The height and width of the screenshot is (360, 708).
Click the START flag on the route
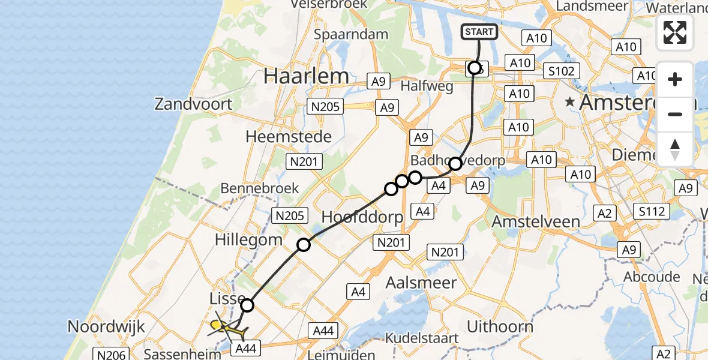[x=479, y=32]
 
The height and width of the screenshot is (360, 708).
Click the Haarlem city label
[x=306, y=76]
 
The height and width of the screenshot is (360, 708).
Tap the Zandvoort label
[x=193, y=104]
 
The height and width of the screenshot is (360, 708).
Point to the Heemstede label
[x=289, y=137]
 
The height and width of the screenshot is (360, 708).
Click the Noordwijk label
[x=107, y=327]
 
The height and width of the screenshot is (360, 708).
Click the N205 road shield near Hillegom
[x=290, y=215]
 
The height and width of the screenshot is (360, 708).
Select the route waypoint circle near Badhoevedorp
[x=455, y=163]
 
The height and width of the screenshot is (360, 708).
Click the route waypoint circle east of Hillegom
[x=304, y=244]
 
